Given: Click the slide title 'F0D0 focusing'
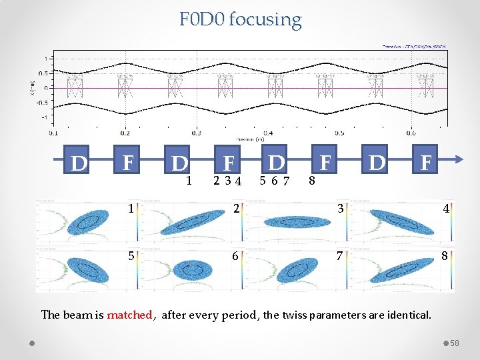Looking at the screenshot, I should (240, 19).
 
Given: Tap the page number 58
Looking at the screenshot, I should (454, 343).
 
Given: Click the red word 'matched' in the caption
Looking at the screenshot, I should (129, 314).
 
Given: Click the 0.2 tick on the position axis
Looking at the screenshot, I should (125, 133).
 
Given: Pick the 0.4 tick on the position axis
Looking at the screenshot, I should (267, 133).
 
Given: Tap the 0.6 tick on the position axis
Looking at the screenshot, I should (411, 133).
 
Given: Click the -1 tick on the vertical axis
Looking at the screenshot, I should (44, 118).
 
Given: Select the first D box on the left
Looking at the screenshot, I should (79, 163).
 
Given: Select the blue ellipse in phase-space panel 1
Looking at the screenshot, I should (85, 222).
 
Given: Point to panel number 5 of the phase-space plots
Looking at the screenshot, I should (132, 255).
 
